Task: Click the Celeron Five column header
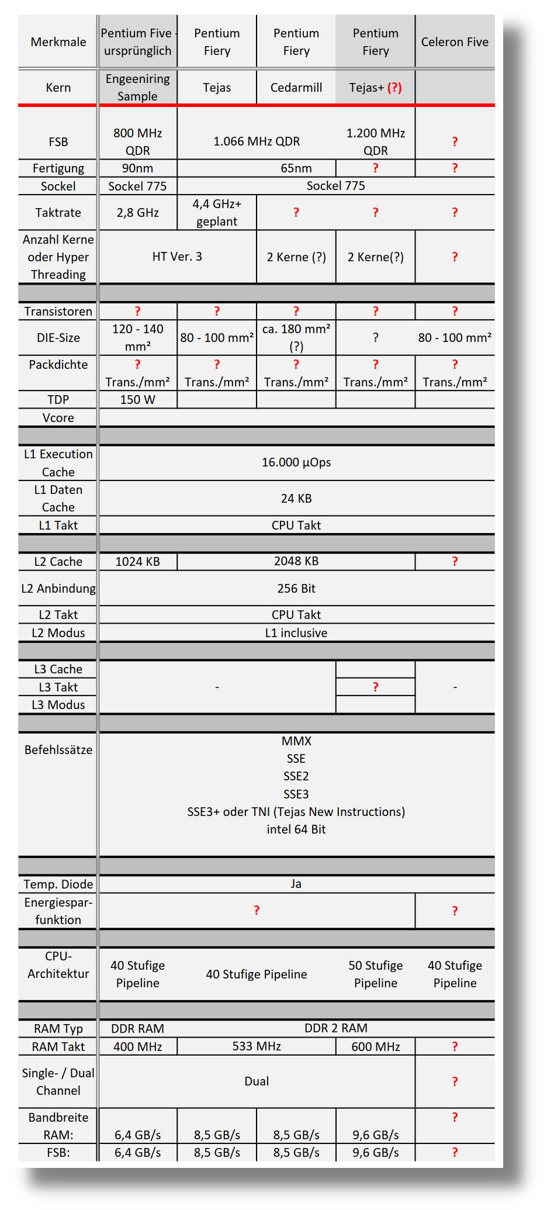pyautogui.click(x=455, y=42)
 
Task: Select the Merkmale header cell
pyautogui.click(x=58, y=42)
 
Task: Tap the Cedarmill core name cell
pyautogui.click(x=296, y=88)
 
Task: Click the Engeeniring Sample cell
pyautogui.click(x=137, y=88)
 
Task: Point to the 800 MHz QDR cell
pyautogui.click(x=137, y=141)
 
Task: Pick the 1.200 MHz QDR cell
pyautogui.click(x=375, y=141)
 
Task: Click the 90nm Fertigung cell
pyautogui.click(x=137, y=168)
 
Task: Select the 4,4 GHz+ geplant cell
pyautogui.click(x=217, y=212)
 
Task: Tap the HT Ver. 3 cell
pyautogui.click(x=177, y=257)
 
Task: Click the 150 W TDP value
pyautogui.click(x=137, y=400)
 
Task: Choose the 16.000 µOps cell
pyautogui.click(x=296, y=462)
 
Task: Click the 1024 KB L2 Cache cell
pyautogui.click(x=137, y=562)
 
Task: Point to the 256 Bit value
pyautogui.click(x=296, y=589)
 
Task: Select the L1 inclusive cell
pyautogui.click(x=296, y=633)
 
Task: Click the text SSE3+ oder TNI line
pyautogui.click(x=296, y=812)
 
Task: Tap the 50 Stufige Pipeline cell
pyautogui.click(x=375, y=974)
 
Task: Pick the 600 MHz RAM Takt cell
pyautogui.click(x=375, y=1047)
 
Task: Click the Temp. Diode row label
pyautogui.click(x=58, y=884)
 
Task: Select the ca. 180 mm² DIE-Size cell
pyautogui.click(x=296, y=337)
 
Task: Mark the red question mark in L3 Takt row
pyautogui.click(x=375, y=687)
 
